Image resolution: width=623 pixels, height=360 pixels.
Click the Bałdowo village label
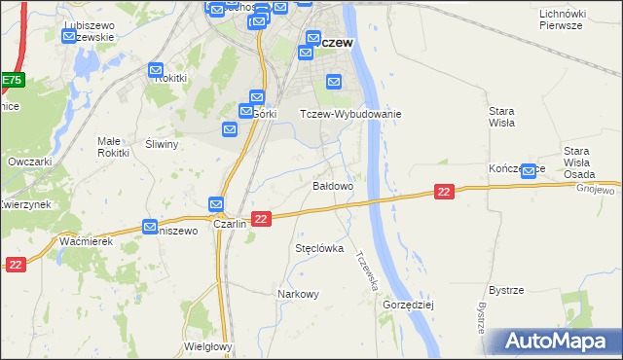pos(332,185)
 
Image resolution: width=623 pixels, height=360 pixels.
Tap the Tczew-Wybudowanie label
pos(349,114)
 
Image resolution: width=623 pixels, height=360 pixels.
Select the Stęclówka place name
pos(319,249)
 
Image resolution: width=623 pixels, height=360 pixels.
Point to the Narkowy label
pos(298,294)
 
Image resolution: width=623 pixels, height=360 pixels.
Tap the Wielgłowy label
pos(206,346)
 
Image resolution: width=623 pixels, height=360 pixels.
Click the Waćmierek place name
pos(86,240)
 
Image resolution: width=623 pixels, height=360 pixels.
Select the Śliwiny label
pos(162,144)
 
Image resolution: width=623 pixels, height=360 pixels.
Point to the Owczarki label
pos(28,162)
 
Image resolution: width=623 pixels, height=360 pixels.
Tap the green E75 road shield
pos(10,80)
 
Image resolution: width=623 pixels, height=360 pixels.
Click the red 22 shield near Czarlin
pos(260,220)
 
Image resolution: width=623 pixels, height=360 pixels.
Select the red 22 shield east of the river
pos(444,193)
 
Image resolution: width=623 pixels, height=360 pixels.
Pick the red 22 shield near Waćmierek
pos(15,264)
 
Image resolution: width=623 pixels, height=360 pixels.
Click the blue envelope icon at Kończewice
pos(529,171)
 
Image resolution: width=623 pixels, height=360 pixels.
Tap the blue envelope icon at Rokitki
pos(156,71)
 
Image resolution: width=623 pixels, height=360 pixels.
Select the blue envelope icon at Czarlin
pos(216,205)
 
